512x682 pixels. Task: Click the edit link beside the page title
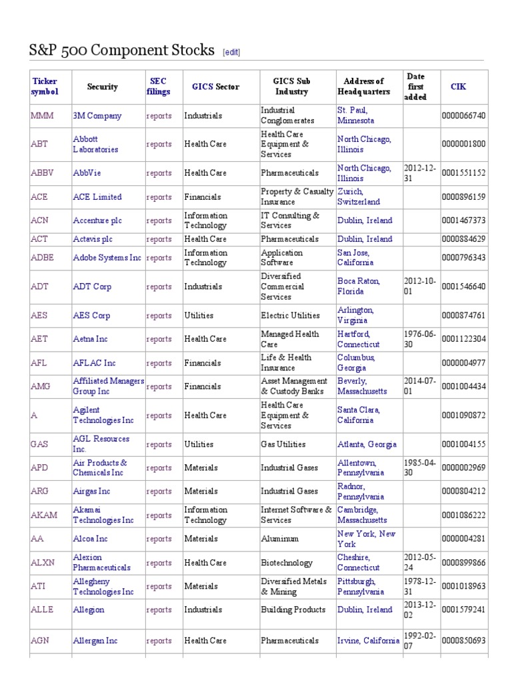click(x=231, y=52)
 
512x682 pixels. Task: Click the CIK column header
click(x=458, y=87)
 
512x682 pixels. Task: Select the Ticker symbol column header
click(x=45, y=87)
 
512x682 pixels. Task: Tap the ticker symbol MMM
click(x=42, y=116)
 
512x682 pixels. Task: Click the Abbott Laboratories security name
click(x=95, y=145)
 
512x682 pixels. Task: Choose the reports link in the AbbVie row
click(x=159, y=173)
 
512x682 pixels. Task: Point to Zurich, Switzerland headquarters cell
click(x=359, y=196)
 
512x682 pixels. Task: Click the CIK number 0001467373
click(x=463, y=220)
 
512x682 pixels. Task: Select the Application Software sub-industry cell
click(x=281, y=258)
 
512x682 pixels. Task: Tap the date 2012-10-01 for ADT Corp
click(x=420, y=286)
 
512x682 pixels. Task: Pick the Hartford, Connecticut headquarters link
click(x=358, y=339)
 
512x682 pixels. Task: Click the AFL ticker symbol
click(x=39, y=363)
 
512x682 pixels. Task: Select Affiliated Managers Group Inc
click(x=108, y=386)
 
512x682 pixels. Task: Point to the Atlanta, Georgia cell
click(x=367, y=444)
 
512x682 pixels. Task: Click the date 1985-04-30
click(x=420, y=468)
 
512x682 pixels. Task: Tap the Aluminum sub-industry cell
click(x=279, y=539)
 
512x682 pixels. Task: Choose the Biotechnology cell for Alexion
click(x=286, y=563)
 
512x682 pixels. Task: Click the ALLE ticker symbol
click(x=41, y=609)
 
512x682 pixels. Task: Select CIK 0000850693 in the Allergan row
click(x=463, y=641)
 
